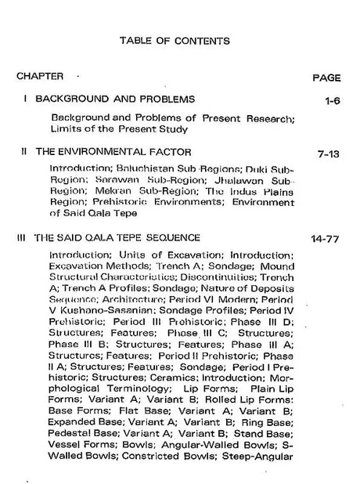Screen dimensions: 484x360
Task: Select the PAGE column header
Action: click(326, 78)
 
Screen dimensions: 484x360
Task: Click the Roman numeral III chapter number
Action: click(21, 236)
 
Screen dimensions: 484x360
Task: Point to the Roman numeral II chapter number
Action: click(24, 151)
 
